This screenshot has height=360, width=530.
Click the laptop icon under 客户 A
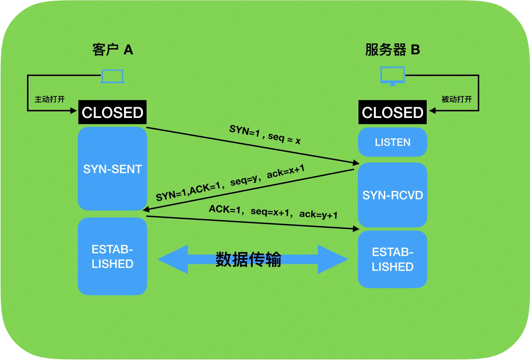tap(112, 76)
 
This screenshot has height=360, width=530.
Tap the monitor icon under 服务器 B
tap(392, 76)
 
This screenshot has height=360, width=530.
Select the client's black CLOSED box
tap(112, 112)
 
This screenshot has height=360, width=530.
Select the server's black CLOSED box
tap(392, 112)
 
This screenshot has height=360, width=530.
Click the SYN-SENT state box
tap(112, 169)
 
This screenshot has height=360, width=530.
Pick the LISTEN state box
tap(392, 142)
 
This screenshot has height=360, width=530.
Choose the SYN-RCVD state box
tap(392, 195)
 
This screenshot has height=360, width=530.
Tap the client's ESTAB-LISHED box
tap(112, 256)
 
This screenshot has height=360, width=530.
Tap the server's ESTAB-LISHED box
tap(392, 259)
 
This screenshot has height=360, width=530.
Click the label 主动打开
tap(50, 99)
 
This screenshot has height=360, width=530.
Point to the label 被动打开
tap(456, 99)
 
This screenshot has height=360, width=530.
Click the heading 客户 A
tap(112, 50)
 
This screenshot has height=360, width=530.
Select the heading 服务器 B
tap(392, 50)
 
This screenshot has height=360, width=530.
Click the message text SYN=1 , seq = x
tap(265, 135)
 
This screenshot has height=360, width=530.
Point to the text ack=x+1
tap(285, 171)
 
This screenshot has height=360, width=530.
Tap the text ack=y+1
tap(318, 214)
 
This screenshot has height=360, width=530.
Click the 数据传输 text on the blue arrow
tap(248, 259)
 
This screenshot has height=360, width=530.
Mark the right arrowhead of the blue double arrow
tap(332, 259)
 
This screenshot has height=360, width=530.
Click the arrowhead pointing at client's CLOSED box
tap(74, 111)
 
